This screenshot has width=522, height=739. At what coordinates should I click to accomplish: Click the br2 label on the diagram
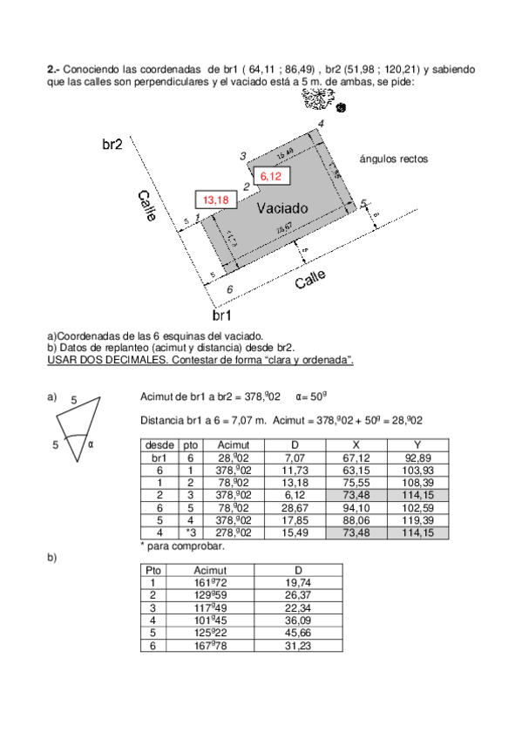pos(112,145)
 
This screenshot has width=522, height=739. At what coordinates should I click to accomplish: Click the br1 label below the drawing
pos(222,314)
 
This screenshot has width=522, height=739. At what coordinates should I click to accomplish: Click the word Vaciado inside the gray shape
pos(282,209)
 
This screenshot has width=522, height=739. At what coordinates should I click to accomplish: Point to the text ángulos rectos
pos(394,159)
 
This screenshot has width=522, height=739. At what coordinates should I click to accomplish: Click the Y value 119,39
pos(417,519)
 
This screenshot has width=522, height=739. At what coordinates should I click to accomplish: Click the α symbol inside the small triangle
pos(89,443)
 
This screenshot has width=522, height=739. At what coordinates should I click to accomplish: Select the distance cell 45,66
pos(297,632)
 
